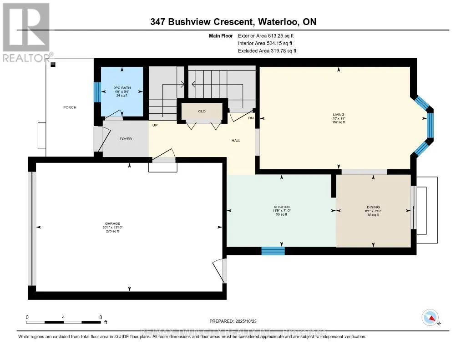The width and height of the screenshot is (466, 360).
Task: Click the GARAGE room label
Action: (112, 223)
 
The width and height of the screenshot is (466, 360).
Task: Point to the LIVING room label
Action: (338, 114)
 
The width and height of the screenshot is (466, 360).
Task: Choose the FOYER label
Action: (126, 139)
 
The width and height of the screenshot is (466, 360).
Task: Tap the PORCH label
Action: (70, 107)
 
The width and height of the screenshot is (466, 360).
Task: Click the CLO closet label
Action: (202, 110)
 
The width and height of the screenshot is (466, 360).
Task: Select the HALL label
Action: (236, 140)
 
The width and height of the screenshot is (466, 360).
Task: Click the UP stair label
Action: (155, 125)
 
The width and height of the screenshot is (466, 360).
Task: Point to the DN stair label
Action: (250, 118)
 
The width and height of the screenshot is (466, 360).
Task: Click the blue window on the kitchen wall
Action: (273, 251)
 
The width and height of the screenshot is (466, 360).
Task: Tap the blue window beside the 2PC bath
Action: (96, 92)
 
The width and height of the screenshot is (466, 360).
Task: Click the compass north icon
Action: (430, 317)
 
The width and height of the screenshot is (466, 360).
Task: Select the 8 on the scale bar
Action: (100, 317)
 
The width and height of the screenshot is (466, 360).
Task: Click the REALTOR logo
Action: (25, 32)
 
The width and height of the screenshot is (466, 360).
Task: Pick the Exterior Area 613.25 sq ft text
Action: (270, 35)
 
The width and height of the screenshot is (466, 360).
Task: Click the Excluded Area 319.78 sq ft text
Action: (267, 51)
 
